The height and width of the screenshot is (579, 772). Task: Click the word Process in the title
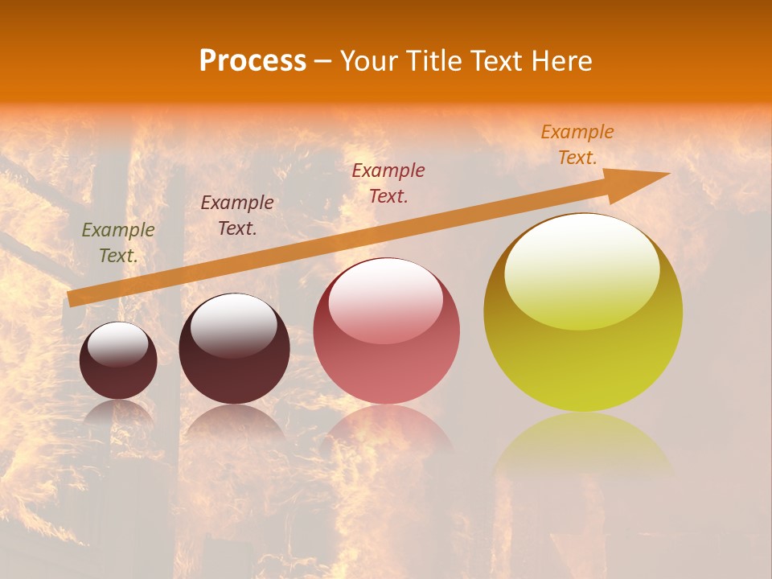(x=253, y=61)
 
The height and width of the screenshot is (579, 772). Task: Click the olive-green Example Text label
(x=118, y=243)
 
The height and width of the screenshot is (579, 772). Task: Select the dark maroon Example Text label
(x=237, y=216)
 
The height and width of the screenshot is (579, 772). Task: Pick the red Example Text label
(x=388, y=183)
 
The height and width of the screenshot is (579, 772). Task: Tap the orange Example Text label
(x=577, y=145)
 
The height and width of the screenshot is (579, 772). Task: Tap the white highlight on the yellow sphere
(x=581, y=269)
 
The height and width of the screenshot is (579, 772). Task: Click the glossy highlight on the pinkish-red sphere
(x=386, y=299)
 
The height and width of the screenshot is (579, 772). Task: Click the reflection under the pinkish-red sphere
(x=387, y=430)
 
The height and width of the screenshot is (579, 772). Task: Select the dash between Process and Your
(x=323, y=61)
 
